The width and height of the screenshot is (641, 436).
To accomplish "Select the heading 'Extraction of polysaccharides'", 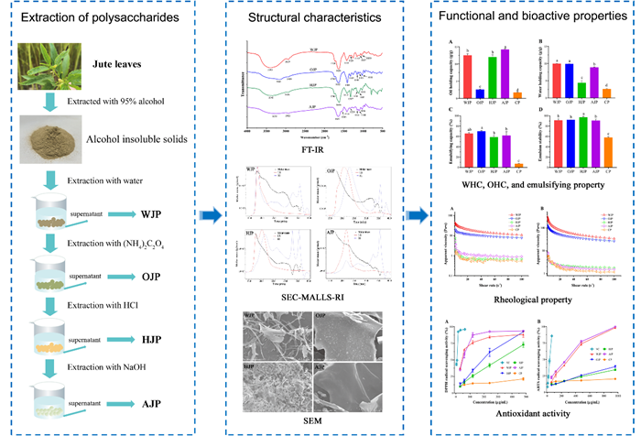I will point(102,18).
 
